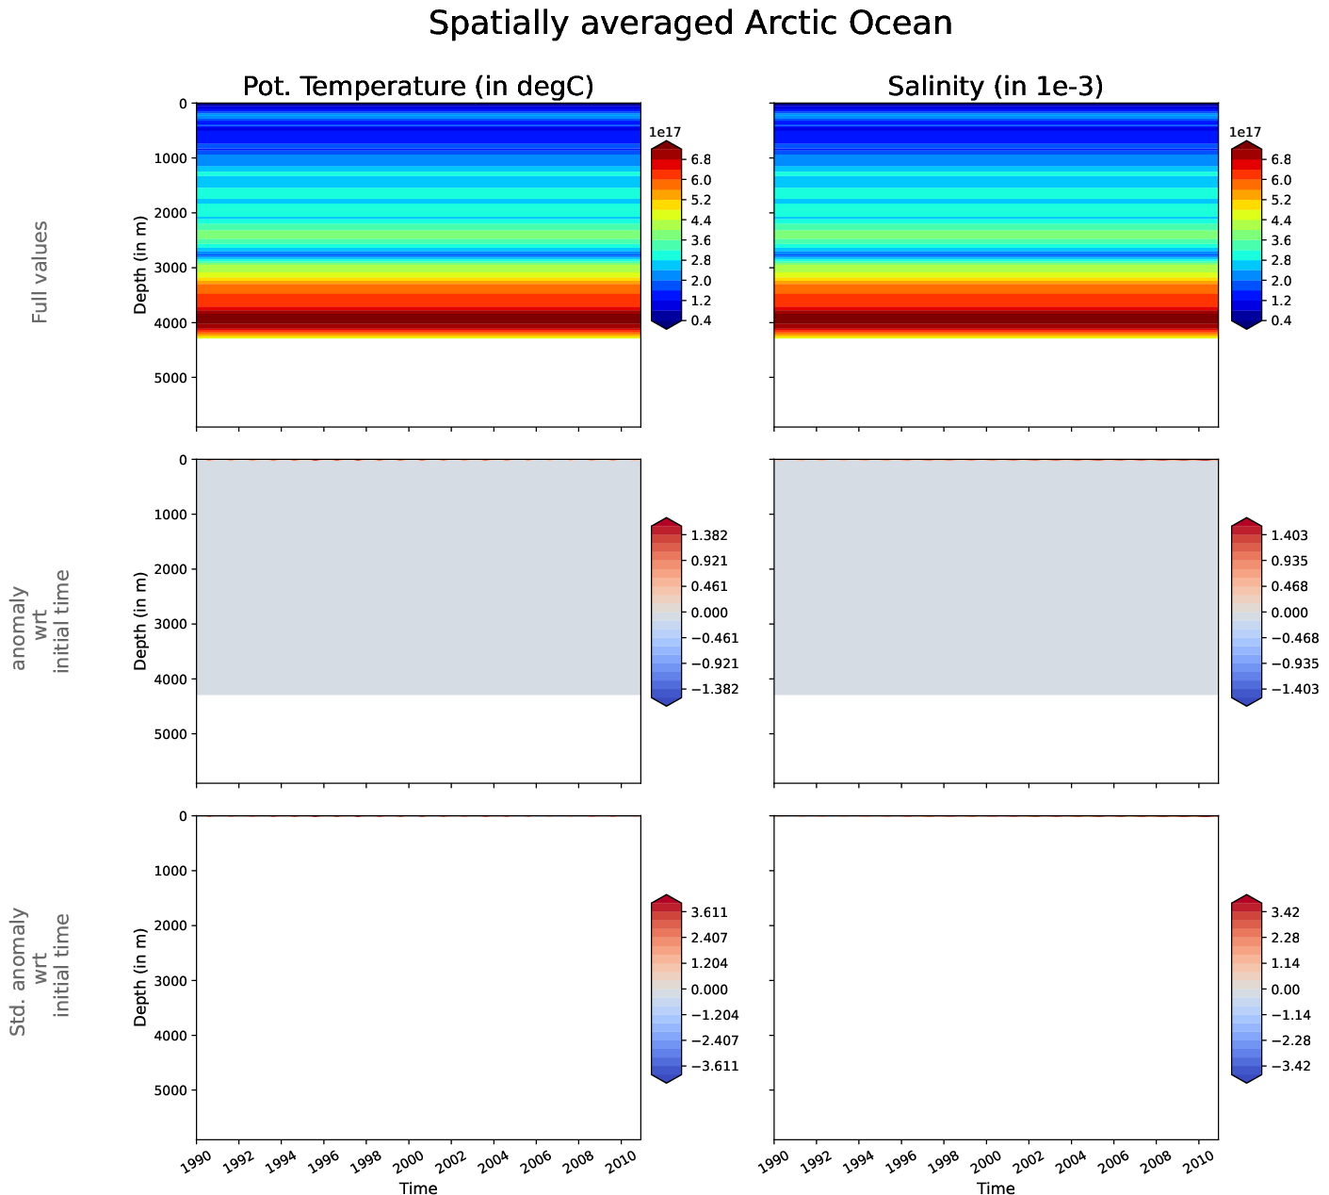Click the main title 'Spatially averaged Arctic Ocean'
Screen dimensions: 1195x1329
tap(690, 24)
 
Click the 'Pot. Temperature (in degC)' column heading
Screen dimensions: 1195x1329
tap(418, 86)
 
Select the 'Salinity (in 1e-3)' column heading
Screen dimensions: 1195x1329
tap(996, 86)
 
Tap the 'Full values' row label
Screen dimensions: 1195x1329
tap(40, 272)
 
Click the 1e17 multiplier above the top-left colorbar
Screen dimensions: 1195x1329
tap(666, 133)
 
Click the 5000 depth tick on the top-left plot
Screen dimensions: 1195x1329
tap(170, 378)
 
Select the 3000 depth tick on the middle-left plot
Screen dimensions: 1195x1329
tap(170, 624)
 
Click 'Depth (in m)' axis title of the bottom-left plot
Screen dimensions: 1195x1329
tap(140, 976)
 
